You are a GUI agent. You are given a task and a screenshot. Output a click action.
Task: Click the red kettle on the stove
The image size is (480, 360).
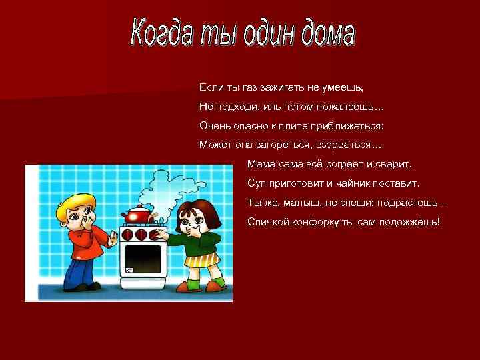click(137, 216)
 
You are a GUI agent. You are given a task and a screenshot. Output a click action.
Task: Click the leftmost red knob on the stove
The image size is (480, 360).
click(127, 235)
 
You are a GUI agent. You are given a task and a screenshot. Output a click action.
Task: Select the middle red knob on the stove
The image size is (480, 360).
click(141, 235)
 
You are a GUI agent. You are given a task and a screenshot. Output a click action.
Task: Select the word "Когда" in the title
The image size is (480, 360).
click(158, 31)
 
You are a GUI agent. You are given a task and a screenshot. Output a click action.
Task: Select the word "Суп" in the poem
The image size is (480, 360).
click(256, 183)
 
